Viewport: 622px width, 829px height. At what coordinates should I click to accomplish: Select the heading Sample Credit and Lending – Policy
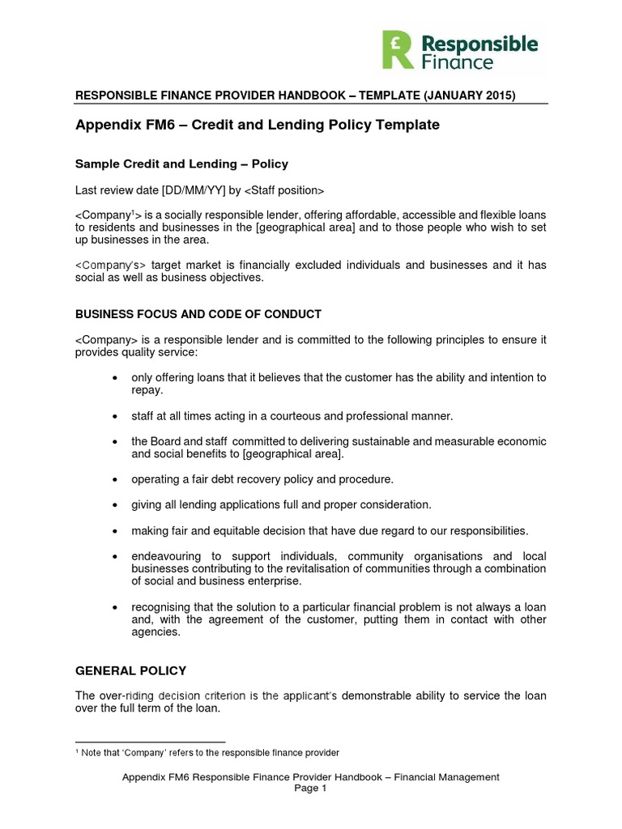pos(181,164)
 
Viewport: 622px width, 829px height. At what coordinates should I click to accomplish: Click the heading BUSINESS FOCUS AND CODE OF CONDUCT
pos(198,314)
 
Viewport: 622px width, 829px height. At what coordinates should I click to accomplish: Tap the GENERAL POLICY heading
pos(130,670)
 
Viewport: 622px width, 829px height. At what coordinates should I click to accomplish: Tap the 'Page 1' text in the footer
pos(310,789)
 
